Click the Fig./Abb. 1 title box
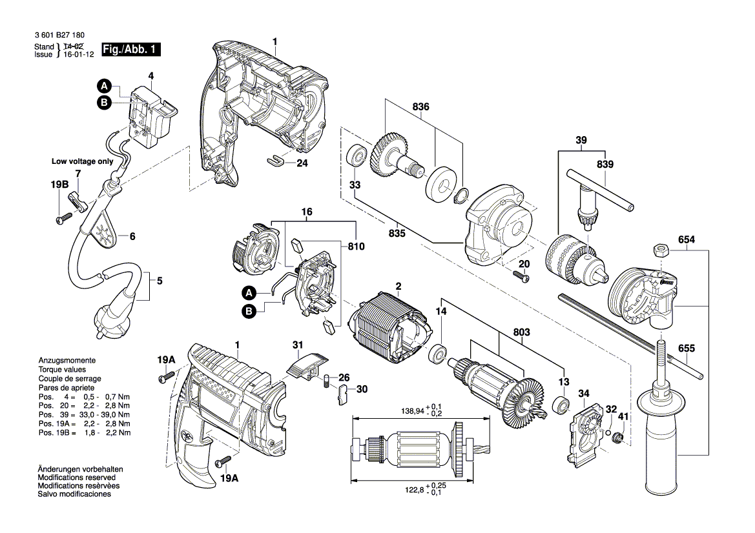click(131, 49)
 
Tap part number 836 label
click(421, 106)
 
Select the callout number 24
click(302, 163)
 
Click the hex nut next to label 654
click(659, 250)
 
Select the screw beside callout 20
click(521, 276)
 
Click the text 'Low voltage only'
click(82, 161)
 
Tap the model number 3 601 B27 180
click(59, 35)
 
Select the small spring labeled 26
click(327, 381)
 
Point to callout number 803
click(521, 332)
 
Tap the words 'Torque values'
click(62, 370)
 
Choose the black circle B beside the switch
click(104, 102)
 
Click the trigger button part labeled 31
click(307, 365)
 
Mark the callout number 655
click(687, 348)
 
